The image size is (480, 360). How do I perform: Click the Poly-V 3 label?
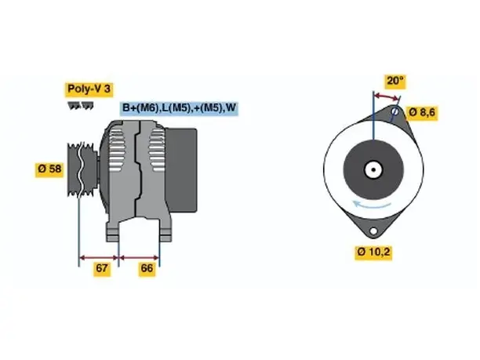point(89,89)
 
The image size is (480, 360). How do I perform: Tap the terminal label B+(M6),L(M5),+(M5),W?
point(179,107)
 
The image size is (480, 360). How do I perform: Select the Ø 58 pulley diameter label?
point(49,169)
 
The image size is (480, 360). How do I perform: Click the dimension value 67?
point(102,268)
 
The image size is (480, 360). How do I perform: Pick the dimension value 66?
point(147,268)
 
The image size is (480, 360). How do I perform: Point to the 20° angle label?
point(395,81)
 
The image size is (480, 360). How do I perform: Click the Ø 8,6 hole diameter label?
point(422,113)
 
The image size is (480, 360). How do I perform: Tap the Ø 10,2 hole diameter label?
point(373,252)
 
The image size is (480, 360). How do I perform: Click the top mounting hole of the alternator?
point(395,111)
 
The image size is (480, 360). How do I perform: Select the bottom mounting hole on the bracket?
point(373,231)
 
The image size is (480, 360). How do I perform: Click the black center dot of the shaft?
point(373,169)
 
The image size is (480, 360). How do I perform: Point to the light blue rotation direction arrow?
point(371,205)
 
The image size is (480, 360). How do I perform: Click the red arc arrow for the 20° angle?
point(387,96)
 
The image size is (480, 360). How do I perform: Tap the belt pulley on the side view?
point(82,169)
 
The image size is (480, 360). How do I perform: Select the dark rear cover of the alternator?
point(181,170)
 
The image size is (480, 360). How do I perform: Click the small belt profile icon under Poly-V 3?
point(81,106)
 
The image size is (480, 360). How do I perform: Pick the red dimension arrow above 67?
point(99,258)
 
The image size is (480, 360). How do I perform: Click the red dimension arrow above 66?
point(140,258)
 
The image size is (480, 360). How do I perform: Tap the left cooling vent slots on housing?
point(117,150)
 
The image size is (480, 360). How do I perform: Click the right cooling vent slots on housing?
point(157,150)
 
